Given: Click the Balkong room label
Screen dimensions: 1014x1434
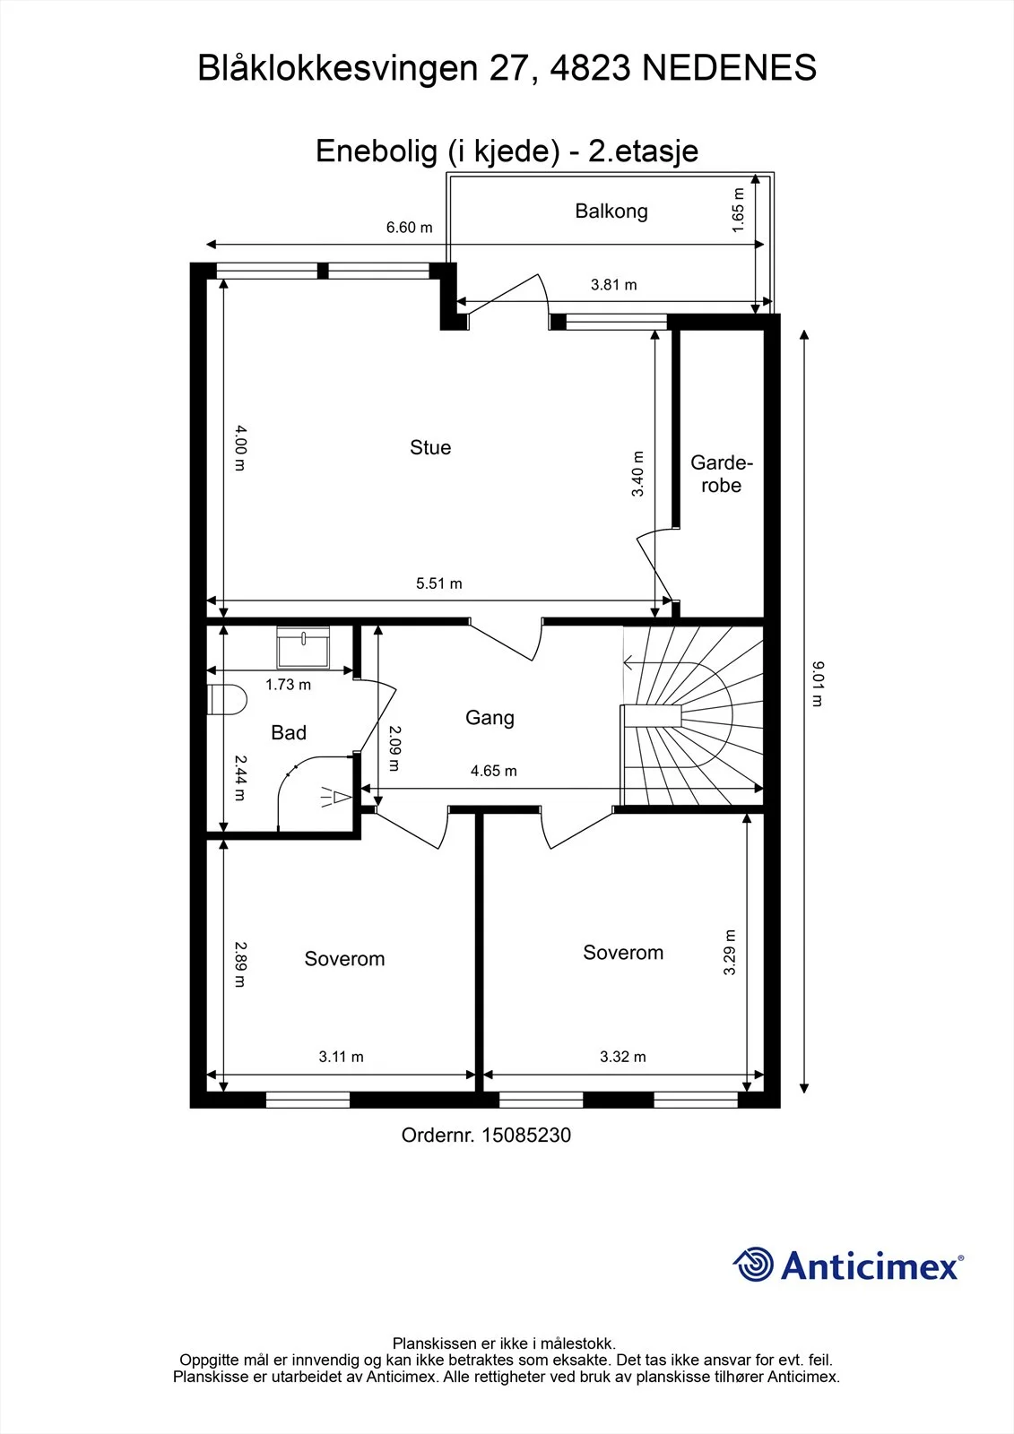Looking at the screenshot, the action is pos(611,212).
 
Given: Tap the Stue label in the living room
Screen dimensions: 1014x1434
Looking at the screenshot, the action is pos(430,447).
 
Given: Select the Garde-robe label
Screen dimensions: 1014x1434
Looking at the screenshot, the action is pos(721,473).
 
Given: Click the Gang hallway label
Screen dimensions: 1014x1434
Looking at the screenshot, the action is pos(490,718).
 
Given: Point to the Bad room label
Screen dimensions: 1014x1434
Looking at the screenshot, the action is pos(289,732).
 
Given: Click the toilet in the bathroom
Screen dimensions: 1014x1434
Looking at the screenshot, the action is pos(228,700).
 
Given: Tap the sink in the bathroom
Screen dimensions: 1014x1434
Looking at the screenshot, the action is pos(303,647).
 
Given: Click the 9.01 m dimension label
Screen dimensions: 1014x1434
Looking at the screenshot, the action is pos(818,684).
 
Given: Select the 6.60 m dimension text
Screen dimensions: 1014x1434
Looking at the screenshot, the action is pos(410,228).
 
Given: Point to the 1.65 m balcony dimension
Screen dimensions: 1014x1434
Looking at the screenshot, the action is pos(739,210).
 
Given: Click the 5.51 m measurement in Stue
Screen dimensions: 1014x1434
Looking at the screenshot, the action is pos(438,583).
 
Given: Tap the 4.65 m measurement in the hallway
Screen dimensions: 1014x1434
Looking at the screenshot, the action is pos(494,771).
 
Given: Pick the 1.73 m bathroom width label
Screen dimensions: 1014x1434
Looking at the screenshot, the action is pos(289,685).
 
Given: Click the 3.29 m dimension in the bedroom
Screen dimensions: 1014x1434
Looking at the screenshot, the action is pos(730,952).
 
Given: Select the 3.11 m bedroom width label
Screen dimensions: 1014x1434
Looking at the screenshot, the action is pos(342,1057).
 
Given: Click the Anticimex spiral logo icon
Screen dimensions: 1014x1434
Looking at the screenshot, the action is pos(753,1264).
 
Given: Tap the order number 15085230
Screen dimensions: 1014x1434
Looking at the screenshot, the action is pos(526,1135).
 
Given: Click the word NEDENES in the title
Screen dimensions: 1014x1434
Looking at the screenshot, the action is pos(729,68).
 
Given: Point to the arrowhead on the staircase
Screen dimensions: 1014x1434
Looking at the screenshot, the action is pos(628,662).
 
